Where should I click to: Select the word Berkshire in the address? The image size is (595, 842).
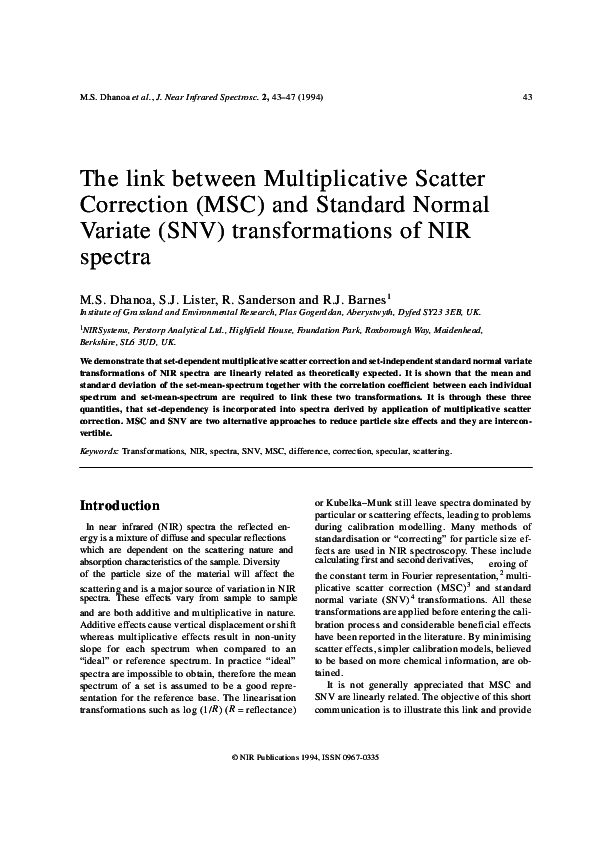point(102,341)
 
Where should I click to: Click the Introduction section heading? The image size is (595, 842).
point(119,506)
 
